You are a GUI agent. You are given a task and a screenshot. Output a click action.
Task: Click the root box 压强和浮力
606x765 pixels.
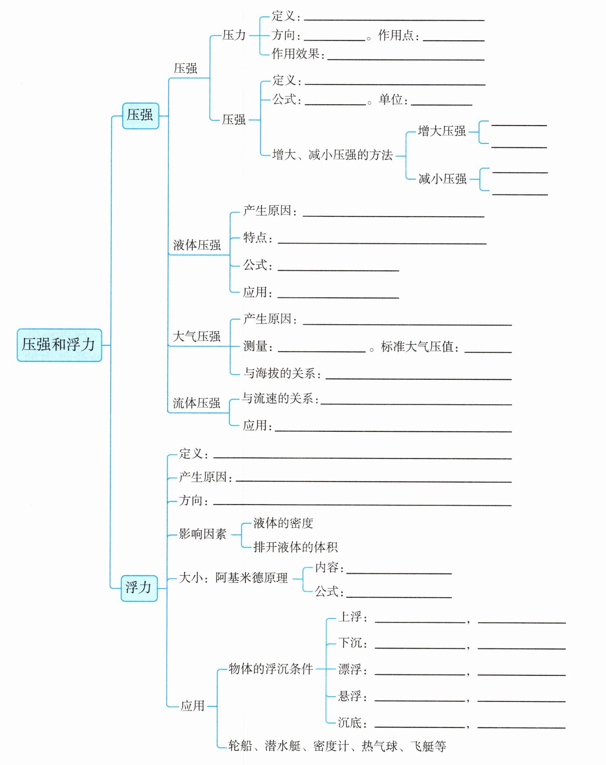click(59, 345)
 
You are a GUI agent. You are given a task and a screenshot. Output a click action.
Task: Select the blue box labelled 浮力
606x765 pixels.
click(139, 588)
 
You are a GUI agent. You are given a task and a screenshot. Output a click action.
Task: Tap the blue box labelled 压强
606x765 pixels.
click(140, 116)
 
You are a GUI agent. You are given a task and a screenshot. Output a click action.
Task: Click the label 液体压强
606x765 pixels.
click(197, 245)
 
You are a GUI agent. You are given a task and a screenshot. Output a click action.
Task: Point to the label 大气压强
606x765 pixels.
click(196, 336)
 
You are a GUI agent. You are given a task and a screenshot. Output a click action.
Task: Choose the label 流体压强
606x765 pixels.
click(196, 403)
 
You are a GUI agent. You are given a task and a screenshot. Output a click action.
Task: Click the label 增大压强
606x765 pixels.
click(442, 131)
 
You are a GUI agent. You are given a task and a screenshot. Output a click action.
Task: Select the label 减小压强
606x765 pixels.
click(443, 179)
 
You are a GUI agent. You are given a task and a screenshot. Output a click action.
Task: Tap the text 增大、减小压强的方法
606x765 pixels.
click(332, 155)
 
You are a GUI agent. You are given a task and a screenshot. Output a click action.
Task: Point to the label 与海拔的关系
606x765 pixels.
click(280, 373)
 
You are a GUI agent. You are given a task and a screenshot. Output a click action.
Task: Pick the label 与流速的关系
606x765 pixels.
click(278, 399)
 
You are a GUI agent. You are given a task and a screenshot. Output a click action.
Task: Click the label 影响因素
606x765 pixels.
click(203, 534)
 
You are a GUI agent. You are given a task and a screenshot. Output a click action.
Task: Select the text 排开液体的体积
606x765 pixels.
click(295, 547)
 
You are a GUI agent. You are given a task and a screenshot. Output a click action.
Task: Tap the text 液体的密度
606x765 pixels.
click(283, 523)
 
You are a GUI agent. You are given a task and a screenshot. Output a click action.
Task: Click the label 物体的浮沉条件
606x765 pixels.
click(270, 669)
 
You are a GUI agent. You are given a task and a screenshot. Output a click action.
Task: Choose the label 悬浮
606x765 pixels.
click(350, 696)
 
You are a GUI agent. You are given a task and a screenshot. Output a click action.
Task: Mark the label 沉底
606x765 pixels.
click(350, 722)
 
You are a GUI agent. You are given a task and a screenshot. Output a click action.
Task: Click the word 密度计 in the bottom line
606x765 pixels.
click(331, 746)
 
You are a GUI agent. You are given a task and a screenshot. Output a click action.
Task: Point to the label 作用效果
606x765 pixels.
click(296, 54)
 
